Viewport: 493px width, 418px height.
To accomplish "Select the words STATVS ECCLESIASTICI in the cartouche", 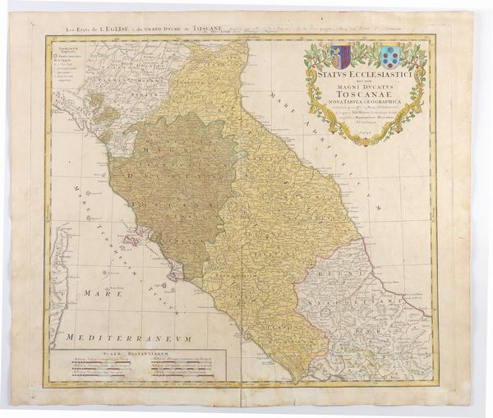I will coord(362,72).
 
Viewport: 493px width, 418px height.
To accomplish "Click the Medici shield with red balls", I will coord(389,56).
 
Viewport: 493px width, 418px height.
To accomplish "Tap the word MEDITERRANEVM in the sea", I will coord(132,338).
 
